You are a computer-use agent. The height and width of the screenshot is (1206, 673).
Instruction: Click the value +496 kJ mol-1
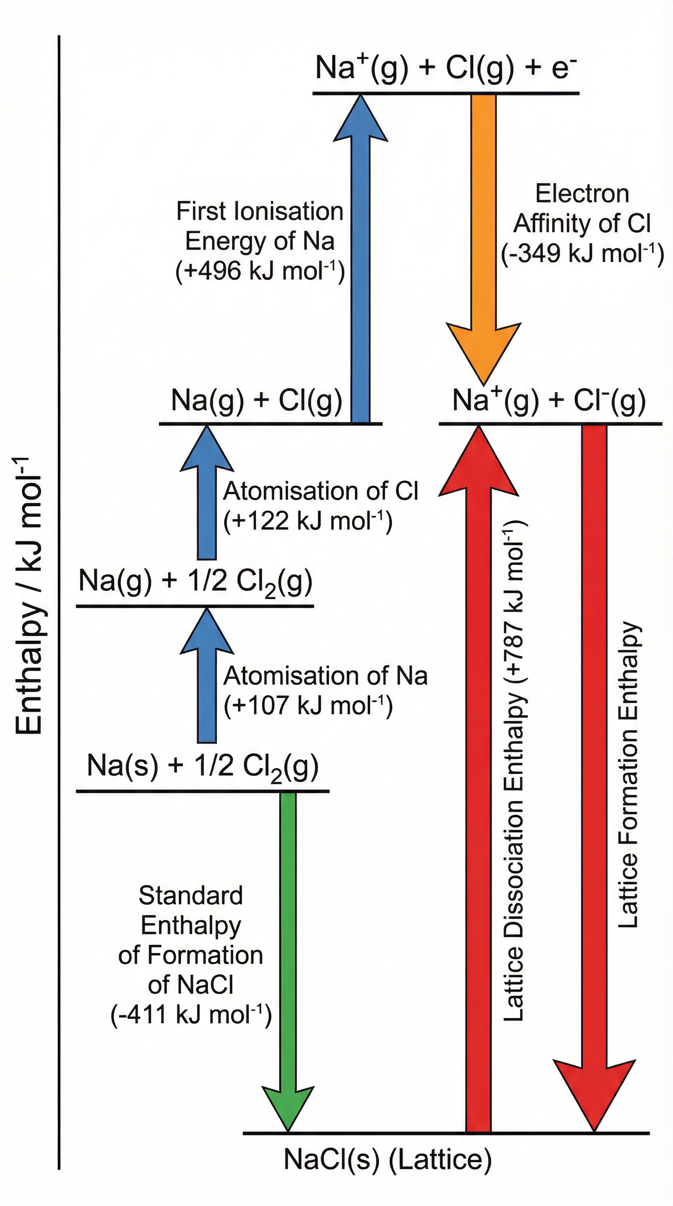[x=260, y=271]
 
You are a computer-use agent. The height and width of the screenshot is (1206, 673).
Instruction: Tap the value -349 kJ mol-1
[x=582, y=254]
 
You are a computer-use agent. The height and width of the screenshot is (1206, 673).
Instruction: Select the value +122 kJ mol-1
[x=308, y=521]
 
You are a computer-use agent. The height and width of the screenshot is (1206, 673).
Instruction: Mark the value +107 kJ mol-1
[x=308, y=706]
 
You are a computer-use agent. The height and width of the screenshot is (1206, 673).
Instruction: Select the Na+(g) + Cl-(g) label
[x=549, y=401]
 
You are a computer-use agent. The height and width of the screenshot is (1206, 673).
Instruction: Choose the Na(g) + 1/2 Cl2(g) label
[x=195, y=582]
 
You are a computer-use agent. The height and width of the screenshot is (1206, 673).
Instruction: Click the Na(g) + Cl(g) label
[x=256, y=401]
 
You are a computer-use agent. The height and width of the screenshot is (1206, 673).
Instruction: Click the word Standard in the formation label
[x=191, y=896]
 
